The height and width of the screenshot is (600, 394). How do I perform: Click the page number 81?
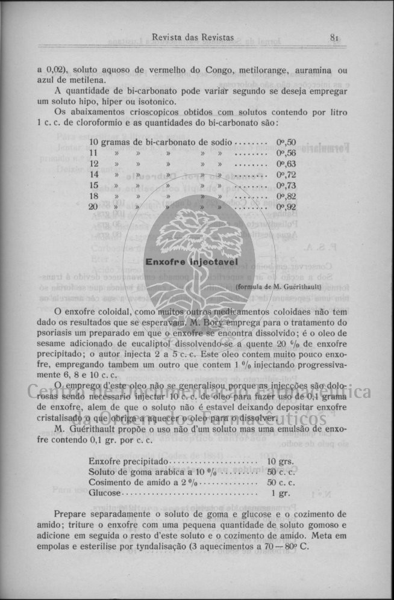click(336, 38)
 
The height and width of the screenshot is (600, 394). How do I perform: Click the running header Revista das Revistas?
click(193, 38)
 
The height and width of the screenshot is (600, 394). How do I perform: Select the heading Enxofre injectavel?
click(193, 262)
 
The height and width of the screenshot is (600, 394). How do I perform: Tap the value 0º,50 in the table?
click(286, 143)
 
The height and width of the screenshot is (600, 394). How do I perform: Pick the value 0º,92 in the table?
click(286, 207)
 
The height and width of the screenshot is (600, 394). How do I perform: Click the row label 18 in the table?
click(93, 196)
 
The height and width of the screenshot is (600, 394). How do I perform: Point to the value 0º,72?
click(286, 175)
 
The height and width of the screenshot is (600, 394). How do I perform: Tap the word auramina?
click(313, 70)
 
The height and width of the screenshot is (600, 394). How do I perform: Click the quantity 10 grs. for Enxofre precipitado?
click(280, 462)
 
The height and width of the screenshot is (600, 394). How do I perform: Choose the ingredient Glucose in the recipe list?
click(105, 493)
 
